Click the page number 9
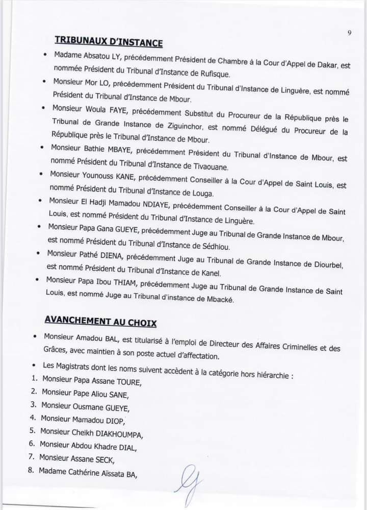350,33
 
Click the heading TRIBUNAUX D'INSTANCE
109,42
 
